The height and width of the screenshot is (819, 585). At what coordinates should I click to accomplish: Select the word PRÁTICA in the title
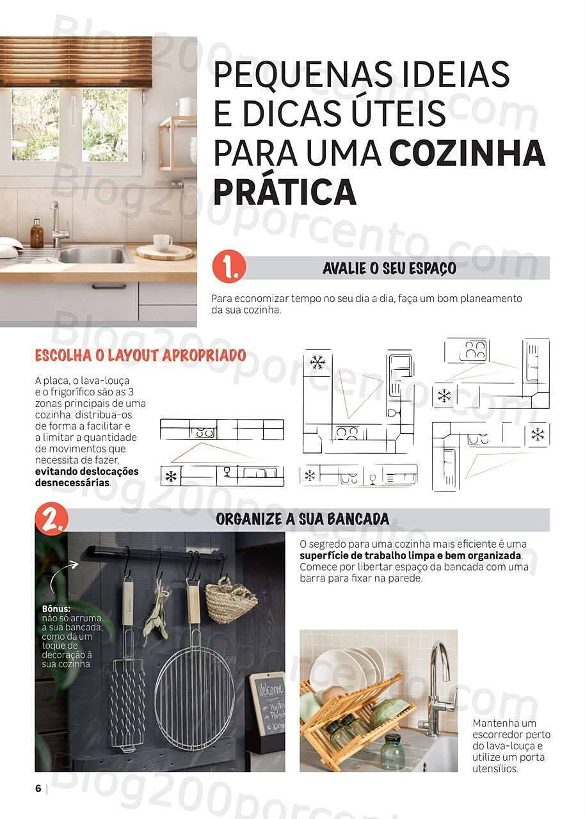pos(284,191)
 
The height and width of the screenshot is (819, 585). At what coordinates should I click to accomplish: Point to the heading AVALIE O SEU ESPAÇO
pos(389,268)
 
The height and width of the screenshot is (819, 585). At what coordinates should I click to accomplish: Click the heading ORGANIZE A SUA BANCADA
pos(302,519)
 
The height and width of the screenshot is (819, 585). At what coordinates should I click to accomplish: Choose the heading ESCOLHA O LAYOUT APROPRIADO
pos(140,355)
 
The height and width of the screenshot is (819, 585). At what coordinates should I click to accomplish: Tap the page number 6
pos(38,788)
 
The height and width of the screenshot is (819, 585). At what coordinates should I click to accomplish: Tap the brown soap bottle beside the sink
pos(37,234)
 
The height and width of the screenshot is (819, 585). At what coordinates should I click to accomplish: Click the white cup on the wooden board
pos(163,243)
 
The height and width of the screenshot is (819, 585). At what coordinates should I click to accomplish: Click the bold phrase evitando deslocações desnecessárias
pos(86,477)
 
